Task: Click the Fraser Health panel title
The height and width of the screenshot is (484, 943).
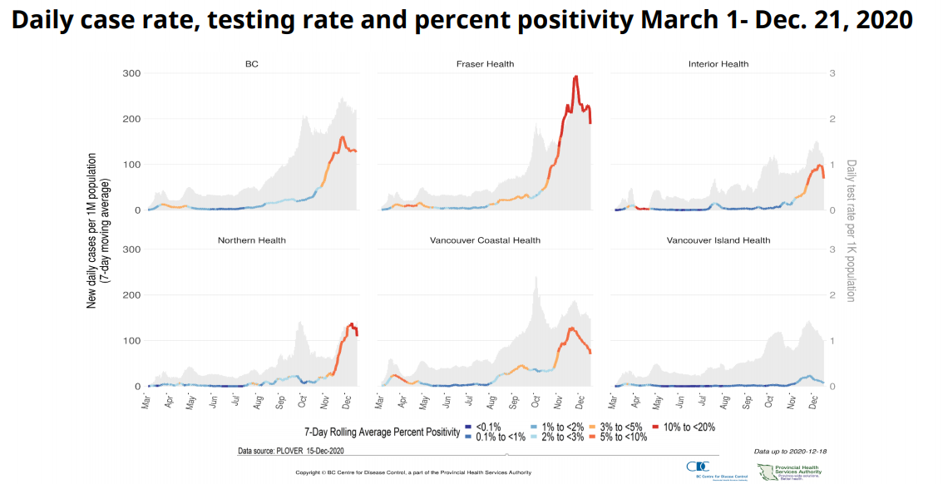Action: (x=485, y=64)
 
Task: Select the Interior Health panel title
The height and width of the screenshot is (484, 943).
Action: (x=718, y=64)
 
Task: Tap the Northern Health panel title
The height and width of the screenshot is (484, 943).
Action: (x=251, y=240)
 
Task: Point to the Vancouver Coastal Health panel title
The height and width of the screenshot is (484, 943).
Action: (x=485, y=240)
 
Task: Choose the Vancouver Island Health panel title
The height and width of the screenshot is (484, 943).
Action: (x=718, y=240)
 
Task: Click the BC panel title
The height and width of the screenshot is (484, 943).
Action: (x=251, y=64)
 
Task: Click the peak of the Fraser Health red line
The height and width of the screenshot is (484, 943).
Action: (x=575, y=77)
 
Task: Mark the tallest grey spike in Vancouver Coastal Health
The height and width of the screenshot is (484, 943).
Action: (x=536, y=278)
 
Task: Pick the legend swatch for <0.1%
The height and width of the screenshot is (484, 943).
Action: (x=468, y=427)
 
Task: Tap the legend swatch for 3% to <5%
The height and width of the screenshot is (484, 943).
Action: (x=593, y=427)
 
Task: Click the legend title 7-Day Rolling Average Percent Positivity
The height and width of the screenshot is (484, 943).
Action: (x=382, y=432)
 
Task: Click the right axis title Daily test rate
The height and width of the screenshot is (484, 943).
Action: (x=851, y=230)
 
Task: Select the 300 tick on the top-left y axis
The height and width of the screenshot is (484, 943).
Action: (x=131, y=74)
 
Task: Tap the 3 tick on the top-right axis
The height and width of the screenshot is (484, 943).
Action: (x=832, y=74)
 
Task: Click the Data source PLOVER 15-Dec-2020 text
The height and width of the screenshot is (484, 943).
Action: (x=290, y=452)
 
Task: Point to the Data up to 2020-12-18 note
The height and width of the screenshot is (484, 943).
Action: (x=790, y=452)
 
